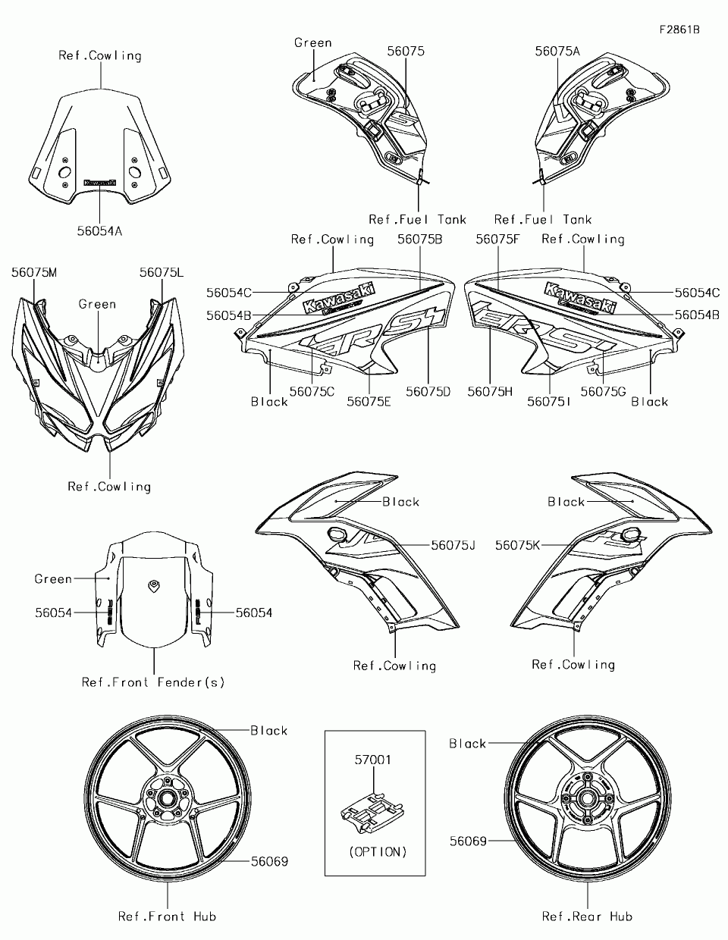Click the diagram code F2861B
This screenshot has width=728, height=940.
(x=679, y=30)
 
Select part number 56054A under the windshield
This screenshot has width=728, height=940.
(x=99, y=231)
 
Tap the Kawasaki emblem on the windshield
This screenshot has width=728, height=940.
(x=100, y=183)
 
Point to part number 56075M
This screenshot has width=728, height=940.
(x=34, y=273)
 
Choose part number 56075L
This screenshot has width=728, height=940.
(x=162, y=273)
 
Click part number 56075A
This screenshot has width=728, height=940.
(x=557, y=52)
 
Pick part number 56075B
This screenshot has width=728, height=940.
(x=420, y=240)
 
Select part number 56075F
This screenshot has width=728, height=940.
(x=497, y=240)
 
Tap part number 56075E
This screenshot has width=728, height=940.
(x=369, y=403)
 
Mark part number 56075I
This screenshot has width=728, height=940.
(x=548, y=403)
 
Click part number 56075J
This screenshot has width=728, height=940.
(x=453, y=546)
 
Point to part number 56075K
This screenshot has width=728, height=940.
(x=518, y=546)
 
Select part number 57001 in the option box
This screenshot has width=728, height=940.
(x=373, y=760)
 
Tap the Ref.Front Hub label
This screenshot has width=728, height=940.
(x=168, y=916)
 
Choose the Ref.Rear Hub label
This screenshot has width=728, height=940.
(x=588, y=916)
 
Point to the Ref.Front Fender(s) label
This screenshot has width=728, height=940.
(x=153, y=682)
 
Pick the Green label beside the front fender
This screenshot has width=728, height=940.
(x=53, y=579)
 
